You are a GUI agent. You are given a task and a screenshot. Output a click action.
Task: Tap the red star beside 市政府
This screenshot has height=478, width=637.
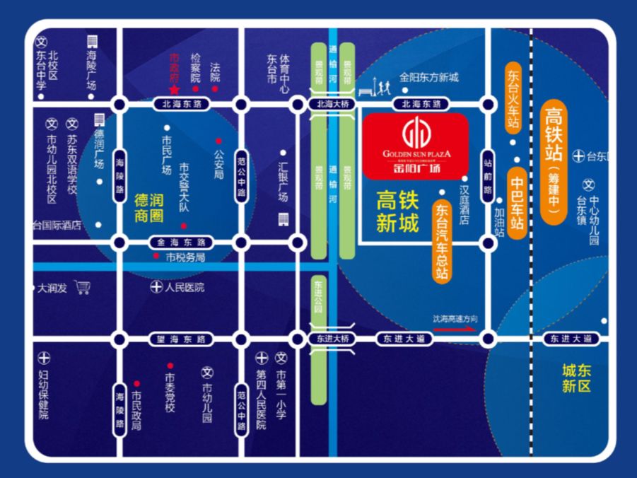click(174, 89)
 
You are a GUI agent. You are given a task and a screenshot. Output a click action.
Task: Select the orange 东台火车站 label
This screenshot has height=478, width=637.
click(513, 98)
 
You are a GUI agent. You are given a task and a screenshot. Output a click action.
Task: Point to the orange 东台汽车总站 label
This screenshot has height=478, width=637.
click(443, 241)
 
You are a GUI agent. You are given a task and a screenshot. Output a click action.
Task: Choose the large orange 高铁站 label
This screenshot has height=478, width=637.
click(554, 163)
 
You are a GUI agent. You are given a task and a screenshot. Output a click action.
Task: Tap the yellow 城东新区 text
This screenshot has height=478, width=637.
click(576, 378)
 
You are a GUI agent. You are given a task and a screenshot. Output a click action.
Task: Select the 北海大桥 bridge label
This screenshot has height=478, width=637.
click(329, 105)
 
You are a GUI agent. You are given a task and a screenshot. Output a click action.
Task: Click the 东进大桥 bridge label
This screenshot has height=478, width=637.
click(329, 339)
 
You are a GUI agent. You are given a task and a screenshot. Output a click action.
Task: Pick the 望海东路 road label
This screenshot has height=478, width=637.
click(180, 339)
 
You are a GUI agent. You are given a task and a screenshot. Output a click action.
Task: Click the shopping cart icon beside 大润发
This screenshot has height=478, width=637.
click(83, 287)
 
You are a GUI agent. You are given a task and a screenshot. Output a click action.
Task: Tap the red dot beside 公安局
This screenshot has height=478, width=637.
click(218, 141)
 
